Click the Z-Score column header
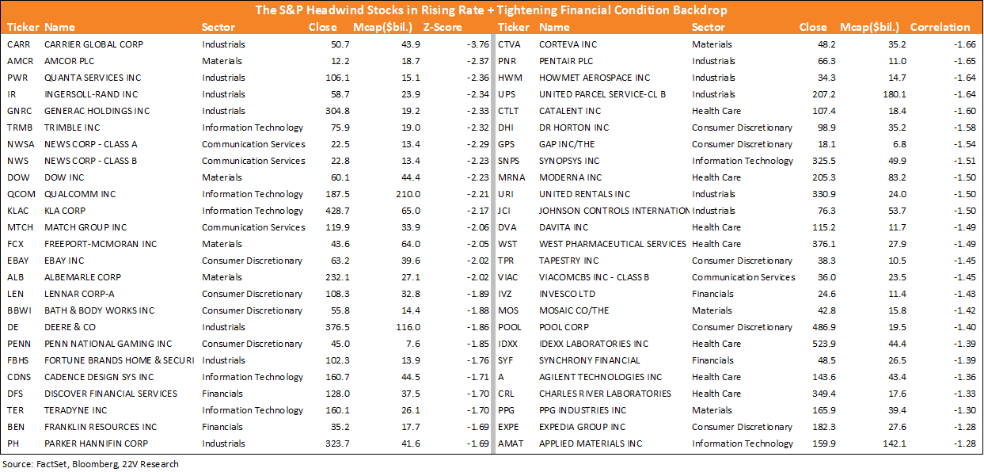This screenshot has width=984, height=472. [x=443, y=27]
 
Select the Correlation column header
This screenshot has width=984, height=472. [x=940, y=27]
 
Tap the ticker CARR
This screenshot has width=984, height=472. [x=18, y=44]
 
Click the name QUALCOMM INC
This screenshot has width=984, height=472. [x=80, y=194]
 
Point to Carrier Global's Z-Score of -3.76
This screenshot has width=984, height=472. [x=478, y=44]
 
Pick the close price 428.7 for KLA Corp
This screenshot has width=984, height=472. [x=337, y=211]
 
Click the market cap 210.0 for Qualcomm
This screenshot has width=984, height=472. [x=408, y=194]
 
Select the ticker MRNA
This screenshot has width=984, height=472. [x=511, y=177]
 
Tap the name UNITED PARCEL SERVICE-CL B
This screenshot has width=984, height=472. [x=602, y=94]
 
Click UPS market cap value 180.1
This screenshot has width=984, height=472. [x=894, y=94]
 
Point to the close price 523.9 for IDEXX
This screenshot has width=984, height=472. [x=823, y=344]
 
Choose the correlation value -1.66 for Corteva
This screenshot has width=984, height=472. [x=965, y=44]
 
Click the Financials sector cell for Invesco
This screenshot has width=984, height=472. [x=712, y=294]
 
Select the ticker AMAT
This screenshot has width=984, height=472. [x=511, y=443]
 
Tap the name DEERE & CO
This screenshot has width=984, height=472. [x=70, y=327]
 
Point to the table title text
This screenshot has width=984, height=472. [x=491, y=10]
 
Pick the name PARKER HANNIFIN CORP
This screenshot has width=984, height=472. [x=96, y=443]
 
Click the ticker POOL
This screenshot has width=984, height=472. [x=510, y=327]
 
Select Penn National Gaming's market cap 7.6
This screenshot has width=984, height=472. [x=413, y=344]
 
